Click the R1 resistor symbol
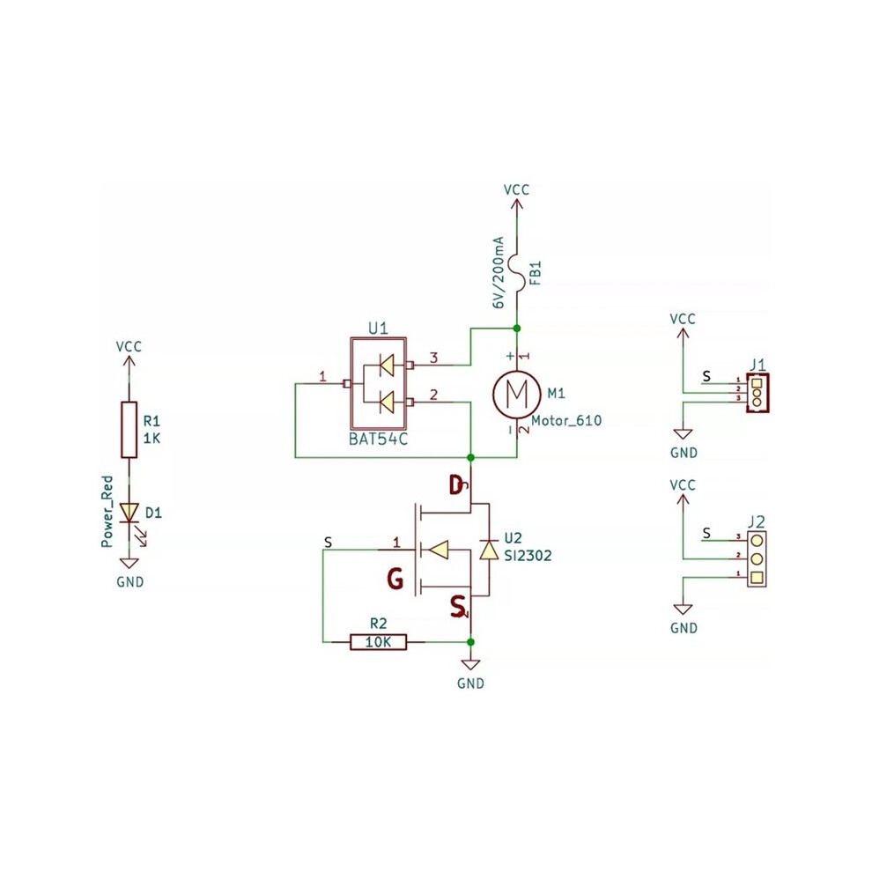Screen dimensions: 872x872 pyautogui.click(x=129, y=429)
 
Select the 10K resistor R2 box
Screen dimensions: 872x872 pyautogui.click(x=378, y=642)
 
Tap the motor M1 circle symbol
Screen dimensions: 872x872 pyautogui.click(x=517, y=395)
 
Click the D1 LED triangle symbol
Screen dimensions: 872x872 pyautogui.click(x=129, y=512)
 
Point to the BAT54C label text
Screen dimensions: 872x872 pyautogui.click(x=378, y=439)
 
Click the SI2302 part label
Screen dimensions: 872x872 pyautogui.click(x=528, y=556)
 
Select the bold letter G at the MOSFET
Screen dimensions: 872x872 pyautogui.click(x=395, y=579)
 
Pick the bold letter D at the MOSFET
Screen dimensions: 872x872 pyautogui.click(x=456, y=485)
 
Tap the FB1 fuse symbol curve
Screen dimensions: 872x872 pyautogui.click(x=517, y=272)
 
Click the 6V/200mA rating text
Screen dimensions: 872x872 pyautogui.click(x=498, y=272)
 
